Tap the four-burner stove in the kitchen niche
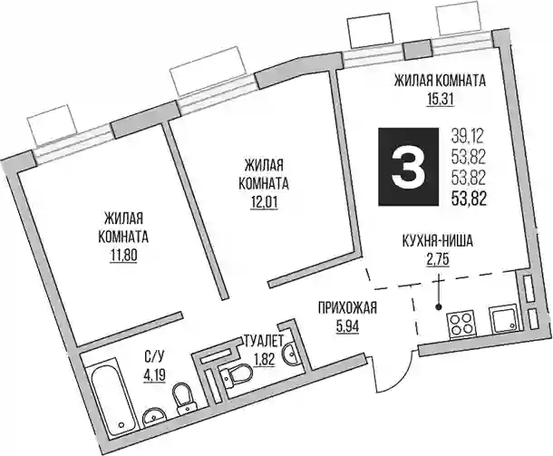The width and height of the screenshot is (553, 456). click(462, 325)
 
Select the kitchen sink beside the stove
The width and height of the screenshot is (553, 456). click(504, 319)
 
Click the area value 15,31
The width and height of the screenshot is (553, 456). click(440, 100)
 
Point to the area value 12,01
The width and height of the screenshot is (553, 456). click(264, 203)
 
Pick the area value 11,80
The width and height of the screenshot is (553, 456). click(123, 256)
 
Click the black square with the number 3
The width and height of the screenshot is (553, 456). click(409, 167)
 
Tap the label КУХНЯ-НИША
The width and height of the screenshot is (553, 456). click(438, 242)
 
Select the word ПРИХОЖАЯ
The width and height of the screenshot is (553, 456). click(347, 308)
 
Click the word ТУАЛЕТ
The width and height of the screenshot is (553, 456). click(264, 342)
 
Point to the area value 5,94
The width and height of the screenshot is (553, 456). click(347, 326)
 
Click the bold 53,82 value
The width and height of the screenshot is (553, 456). click(470, 199)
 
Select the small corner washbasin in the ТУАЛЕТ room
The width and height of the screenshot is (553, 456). click(291, 353)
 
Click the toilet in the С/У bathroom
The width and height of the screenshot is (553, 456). click(183, 399)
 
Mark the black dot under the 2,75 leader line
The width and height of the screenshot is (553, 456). click(439, 307)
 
